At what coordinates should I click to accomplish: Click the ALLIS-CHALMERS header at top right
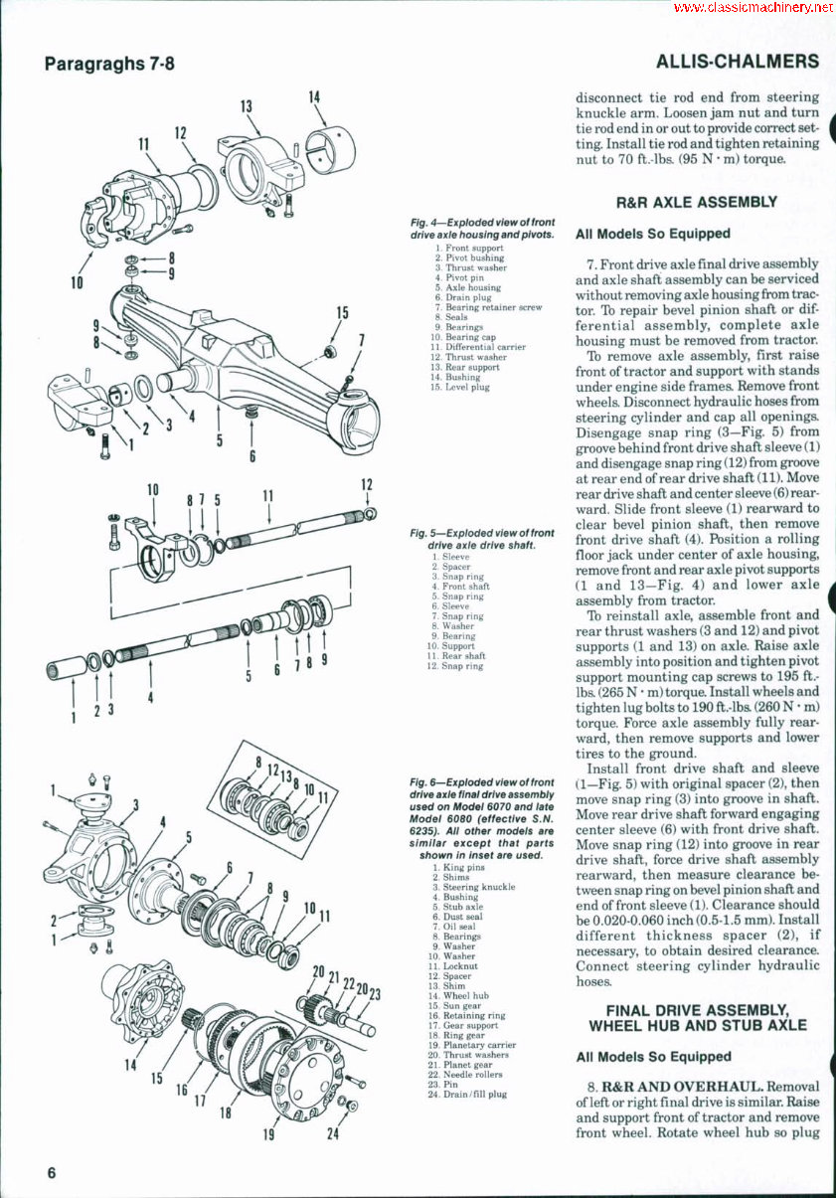pyautogui.click(x=738, y=62)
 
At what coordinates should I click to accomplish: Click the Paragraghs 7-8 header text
pyautogui.click(x=109, y=65)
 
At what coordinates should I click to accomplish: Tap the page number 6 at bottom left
pyautogui.click(x=51, y=1173)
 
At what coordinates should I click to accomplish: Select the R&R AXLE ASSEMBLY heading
pyautogui.click(x=697, y=202)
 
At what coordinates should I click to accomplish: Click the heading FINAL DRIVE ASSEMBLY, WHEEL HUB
pyautogui.click(x=697, y=1017)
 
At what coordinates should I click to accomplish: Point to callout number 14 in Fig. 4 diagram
pyautogui.click(x=314, y=97)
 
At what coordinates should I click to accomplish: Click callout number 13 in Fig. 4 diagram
pyautogui.click(x=246, y=107)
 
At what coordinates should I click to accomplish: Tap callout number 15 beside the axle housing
pyautogui.click(x=342, y=313)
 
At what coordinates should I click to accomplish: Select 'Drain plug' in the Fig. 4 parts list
pyautogui.click(x=467, y=297)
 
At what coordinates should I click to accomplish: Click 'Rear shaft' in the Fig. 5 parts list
pyautogui.click(x=463, y=656)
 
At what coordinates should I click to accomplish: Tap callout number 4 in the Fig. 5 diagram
pyautogui.click(x=150, y=697)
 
